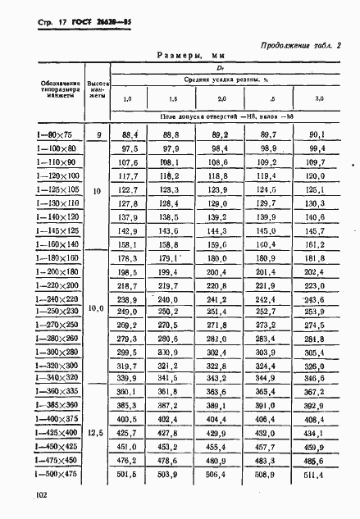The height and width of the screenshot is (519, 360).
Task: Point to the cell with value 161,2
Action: click(317, 244)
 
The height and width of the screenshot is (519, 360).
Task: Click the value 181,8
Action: click(317, 257)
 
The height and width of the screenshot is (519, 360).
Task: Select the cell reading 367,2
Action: click(317, 392)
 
